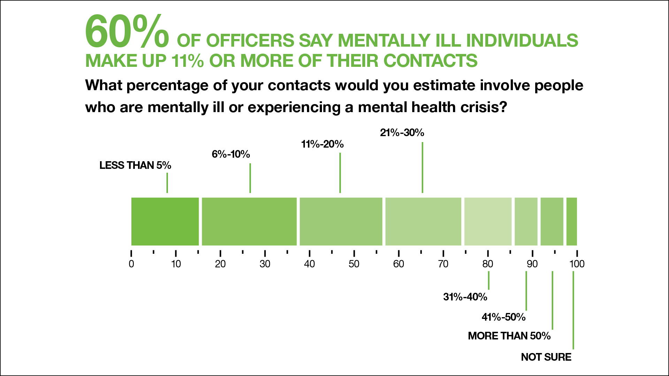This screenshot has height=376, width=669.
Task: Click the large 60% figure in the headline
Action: pos(127,32)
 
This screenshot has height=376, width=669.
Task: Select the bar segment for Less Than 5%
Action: pos(165,221)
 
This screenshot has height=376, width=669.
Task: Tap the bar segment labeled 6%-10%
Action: pos(249,221)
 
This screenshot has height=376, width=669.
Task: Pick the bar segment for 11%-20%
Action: pos(341,221)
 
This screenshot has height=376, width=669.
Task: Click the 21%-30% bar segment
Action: pos(423,221)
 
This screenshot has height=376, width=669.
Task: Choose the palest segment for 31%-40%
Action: pos(488,221)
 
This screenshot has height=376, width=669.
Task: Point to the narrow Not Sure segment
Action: pos(571,221)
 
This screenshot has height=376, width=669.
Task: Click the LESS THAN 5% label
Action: pos(135,165)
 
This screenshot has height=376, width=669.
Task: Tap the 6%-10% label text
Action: pos(231,154)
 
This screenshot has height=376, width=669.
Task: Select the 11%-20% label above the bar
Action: pos(322,144)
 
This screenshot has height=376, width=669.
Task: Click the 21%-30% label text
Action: pos(402,133)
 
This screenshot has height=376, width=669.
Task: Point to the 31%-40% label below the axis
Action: pos(465,297)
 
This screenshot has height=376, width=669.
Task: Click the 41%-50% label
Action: pos(503,317)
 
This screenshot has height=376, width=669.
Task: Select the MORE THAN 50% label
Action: pos(509,336)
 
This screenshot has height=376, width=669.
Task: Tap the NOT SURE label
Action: pos(546,357)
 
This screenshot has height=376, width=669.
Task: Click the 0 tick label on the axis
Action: pos(131,264)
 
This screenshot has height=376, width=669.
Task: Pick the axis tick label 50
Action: pos(354,264)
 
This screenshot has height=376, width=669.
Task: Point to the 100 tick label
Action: pos(577,264)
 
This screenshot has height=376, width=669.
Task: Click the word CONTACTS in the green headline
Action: pos(430,61)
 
